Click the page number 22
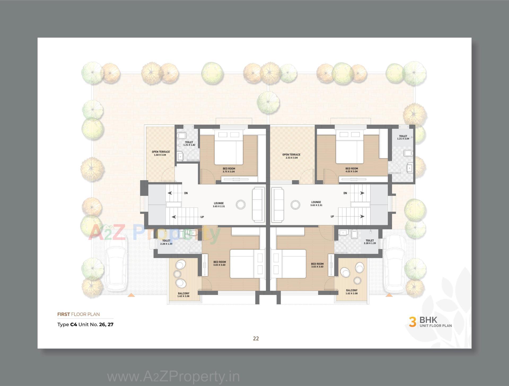click(256, 338)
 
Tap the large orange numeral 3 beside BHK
click(412, 322)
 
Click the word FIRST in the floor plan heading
click(64, 314)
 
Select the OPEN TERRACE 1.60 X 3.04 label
click(161, 153)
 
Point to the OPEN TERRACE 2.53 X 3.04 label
click(291, 156)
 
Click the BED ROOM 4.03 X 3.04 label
click(352, 170)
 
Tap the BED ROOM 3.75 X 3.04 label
click(229, 170)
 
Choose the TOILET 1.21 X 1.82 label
click(189, 144)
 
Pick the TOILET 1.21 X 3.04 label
click(403, 137)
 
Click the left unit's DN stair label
click(186, 193)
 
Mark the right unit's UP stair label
click(332, 216)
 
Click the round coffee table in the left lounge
click(241, 205)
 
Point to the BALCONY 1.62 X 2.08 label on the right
click(352, 292)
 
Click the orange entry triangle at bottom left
click(131, 295)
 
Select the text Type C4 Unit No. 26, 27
click(85, 324)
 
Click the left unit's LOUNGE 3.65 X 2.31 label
click(219, 205)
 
